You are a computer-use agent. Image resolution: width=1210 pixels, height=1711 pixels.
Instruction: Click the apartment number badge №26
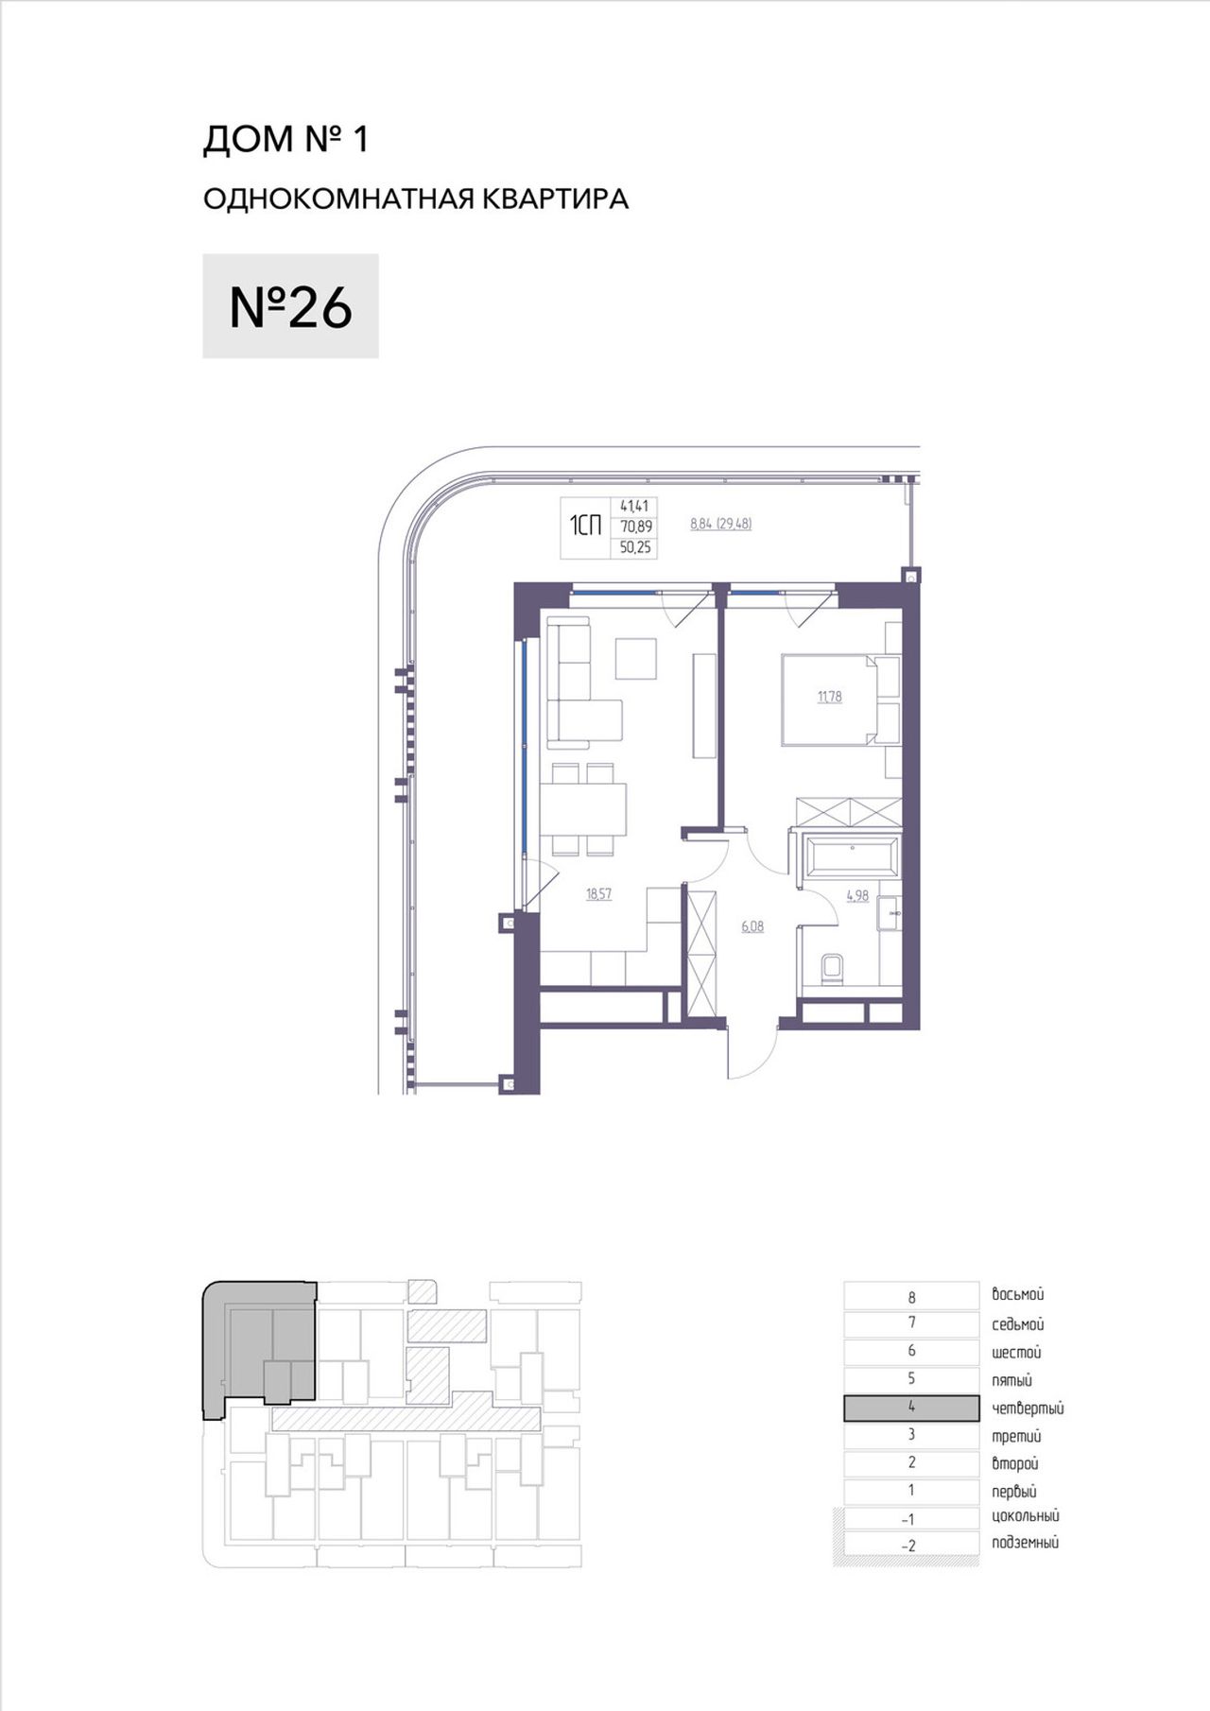[290, 306]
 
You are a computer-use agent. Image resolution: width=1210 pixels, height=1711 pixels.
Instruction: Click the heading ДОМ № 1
[285, 140]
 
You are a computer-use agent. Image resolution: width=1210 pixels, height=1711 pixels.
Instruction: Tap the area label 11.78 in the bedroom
[829, 698]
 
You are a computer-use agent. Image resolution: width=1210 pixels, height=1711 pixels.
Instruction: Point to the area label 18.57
[598, 894]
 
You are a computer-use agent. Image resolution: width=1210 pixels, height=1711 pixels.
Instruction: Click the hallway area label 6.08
[752, 927]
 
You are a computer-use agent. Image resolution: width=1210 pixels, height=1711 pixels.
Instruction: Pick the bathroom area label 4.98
[857, 896]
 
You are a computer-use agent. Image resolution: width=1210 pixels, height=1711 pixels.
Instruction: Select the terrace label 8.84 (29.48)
[721, 524]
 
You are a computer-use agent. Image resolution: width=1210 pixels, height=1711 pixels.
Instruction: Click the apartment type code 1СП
[585, 526]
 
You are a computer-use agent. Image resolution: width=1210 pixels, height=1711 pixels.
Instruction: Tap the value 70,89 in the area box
[636, 527]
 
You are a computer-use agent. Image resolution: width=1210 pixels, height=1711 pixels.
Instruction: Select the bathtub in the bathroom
[852, 855]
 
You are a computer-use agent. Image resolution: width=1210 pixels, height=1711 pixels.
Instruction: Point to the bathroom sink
[890, 914]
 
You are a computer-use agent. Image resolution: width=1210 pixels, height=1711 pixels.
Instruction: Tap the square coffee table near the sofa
[636, 659]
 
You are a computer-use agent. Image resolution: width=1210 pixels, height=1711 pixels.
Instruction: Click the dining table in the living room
[583, 810]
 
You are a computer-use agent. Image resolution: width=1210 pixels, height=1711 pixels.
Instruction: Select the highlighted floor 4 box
[911, 1408]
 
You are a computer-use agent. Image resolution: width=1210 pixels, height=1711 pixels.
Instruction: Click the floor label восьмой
[1018, 1295]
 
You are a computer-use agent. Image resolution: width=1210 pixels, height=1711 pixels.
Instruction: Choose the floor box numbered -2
[911, 1547]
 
